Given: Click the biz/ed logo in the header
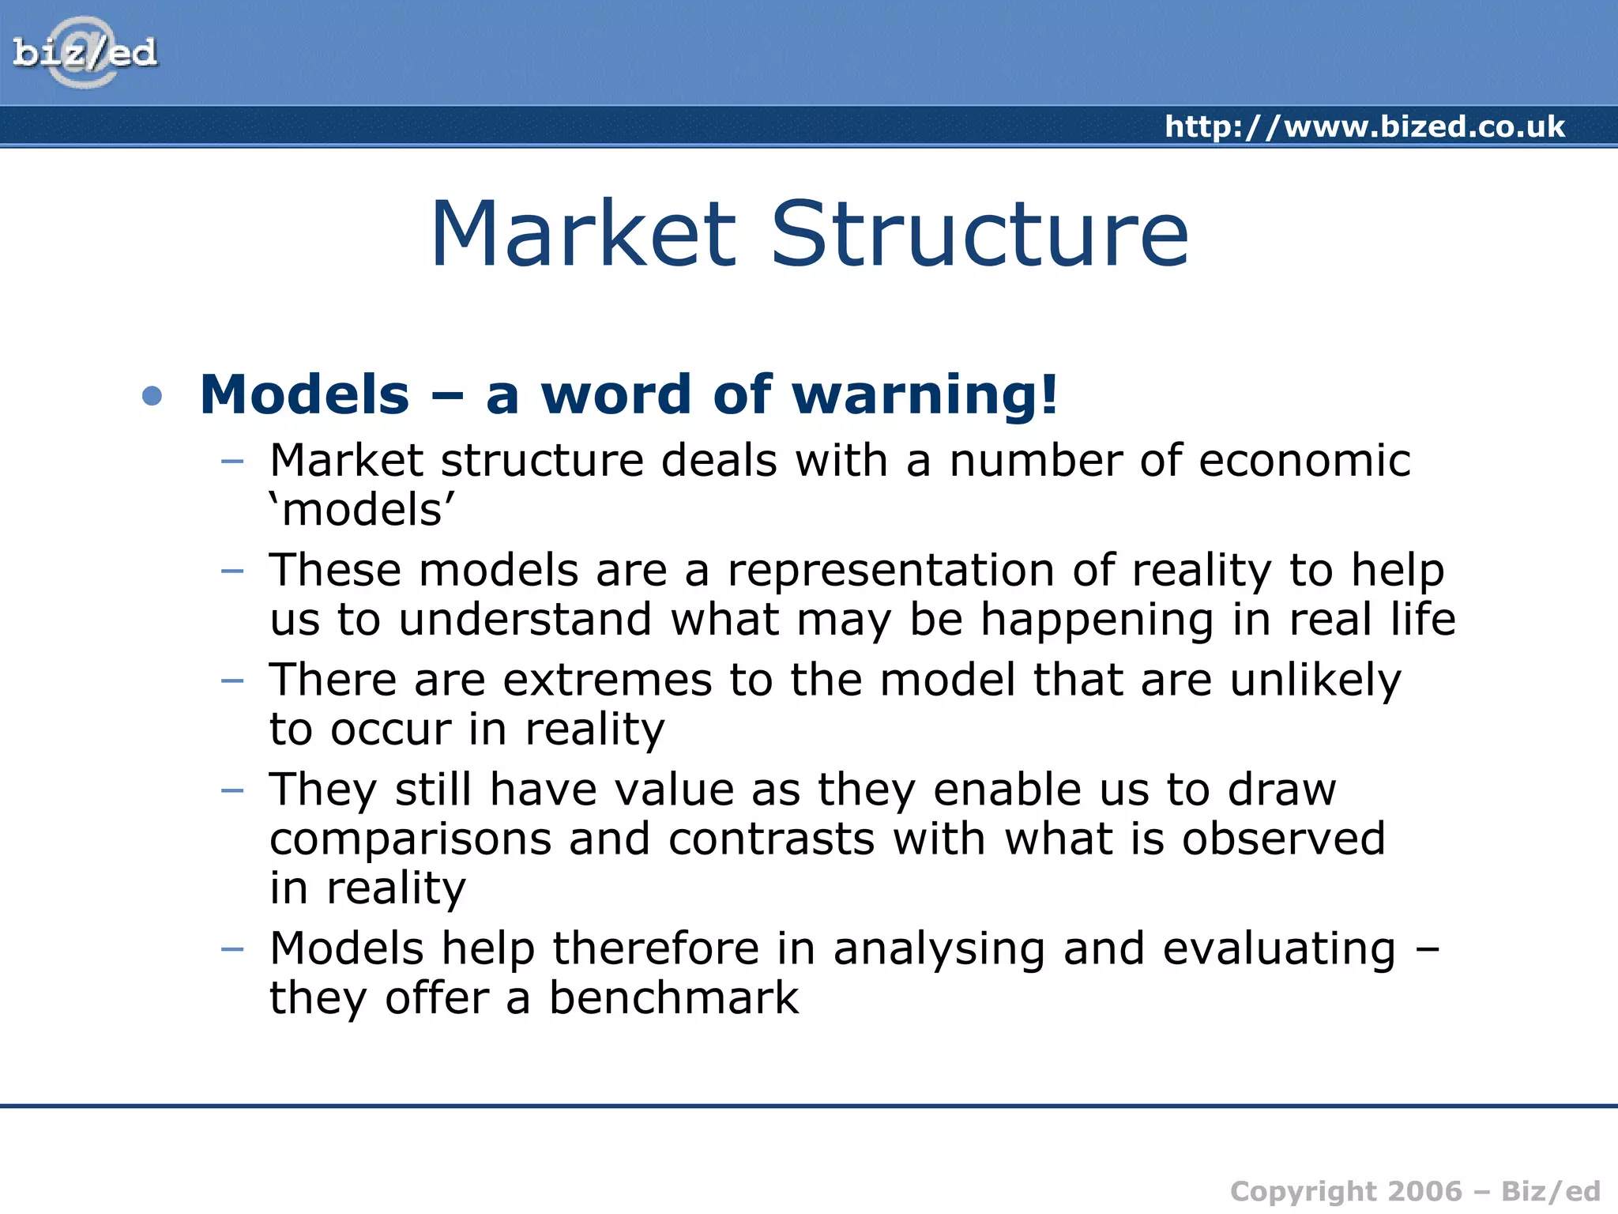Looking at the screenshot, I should [x=85, y=53].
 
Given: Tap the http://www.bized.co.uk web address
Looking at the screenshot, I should [x=1364, y=126].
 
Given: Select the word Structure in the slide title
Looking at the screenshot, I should [x=979, y=234].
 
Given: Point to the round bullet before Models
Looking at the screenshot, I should [x=152, y=395].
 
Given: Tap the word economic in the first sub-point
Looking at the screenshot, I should [x=1304, y=461].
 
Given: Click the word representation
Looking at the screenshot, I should [x=890, y=570].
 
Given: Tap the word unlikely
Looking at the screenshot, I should [x=1315, y=681].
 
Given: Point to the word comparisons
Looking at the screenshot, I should [x=410, y=839].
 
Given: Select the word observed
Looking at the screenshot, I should [x=1283, y=839].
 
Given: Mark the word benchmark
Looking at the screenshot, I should [x=674, y=998].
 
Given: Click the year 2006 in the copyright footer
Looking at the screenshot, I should [x=1424, y=1191].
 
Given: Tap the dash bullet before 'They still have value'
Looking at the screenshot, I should [x=232, y=790].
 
